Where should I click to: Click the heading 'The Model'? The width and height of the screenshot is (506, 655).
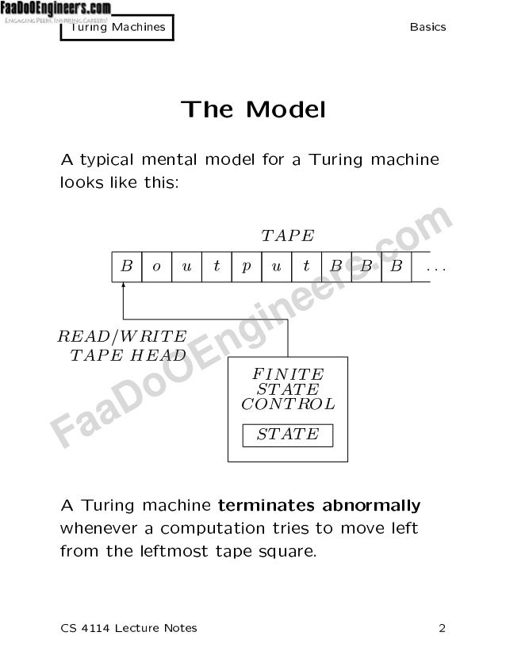coord(253,109)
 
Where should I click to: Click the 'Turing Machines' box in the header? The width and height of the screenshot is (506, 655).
coord(117,27)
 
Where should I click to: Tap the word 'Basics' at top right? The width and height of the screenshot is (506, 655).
coord(427,27)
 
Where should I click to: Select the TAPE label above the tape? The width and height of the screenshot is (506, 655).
coord(287,236)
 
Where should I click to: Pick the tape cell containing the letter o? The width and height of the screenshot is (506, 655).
coord(156,267)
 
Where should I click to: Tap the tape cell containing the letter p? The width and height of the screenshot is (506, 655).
coord(247,267)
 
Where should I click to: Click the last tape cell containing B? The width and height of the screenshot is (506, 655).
coord(396,267)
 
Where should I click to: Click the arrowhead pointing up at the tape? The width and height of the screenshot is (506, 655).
coord(124,288)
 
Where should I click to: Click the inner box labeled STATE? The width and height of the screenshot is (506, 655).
coord(287,435)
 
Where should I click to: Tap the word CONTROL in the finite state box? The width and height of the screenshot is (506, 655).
coord(287,404)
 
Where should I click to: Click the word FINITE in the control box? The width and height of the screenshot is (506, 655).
coord(287,374)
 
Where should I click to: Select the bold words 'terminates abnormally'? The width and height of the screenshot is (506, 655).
coord(319,505)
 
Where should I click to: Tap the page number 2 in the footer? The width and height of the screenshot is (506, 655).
coord(443,629)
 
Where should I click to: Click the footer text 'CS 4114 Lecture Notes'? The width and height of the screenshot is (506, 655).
coord(128,629)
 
